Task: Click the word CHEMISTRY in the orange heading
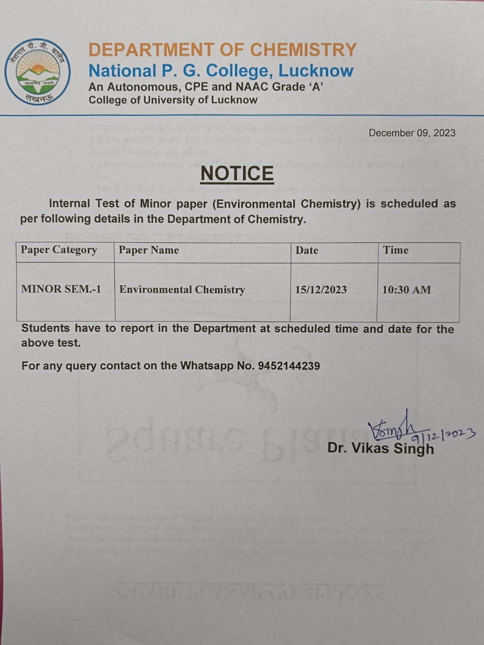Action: tap(304, 49)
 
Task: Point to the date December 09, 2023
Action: tap(412, 133)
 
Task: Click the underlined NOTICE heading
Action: tap(237, 173)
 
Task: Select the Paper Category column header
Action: tap(59, 250)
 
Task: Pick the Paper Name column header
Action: tap(149, 250)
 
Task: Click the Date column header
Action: tap(307, 250)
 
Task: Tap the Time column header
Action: tap(396, 250)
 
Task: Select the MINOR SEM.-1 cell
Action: tap(61, 289)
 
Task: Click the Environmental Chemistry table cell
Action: tap(182, 290)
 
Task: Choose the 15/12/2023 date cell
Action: tap(321, 290)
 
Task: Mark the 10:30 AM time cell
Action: tap(407, 290)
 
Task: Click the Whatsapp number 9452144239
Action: tap(288, 366)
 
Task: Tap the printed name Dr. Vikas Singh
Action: tap(380, 448)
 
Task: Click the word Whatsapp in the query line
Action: tap(207, 366)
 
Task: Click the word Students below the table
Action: tap(45, 329)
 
